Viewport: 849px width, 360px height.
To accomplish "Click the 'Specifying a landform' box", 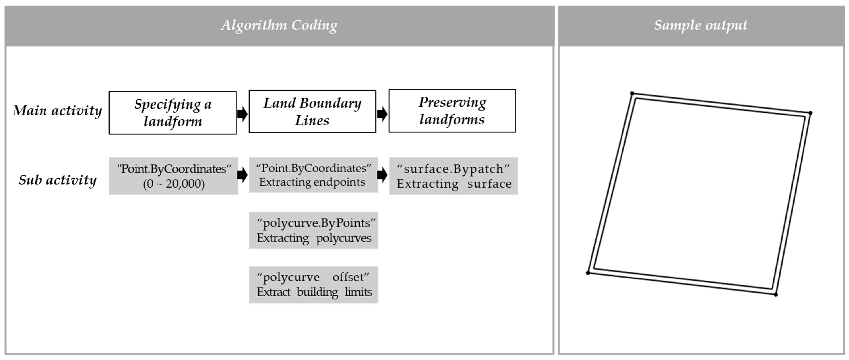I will coord(173,113).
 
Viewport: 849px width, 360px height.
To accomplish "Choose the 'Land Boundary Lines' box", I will coord(312,112).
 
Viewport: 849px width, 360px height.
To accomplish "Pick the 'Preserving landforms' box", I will coord(452,111).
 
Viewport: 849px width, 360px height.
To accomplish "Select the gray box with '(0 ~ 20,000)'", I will coord(174,176).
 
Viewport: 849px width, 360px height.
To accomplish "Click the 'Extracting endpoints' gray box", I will coord(313,175).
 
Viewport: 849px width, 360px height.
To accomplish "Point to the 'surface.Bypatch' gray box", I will coord(453,176).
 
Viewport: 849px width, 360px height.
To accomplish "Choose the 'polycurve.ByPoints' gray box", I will coord(313,230).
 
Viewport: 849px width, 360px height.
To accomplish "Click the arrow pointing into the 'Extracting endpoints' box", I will coord(242,175).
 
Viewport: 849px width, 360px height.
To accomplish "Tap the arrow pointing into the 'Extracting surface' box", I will coord(382,175).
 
